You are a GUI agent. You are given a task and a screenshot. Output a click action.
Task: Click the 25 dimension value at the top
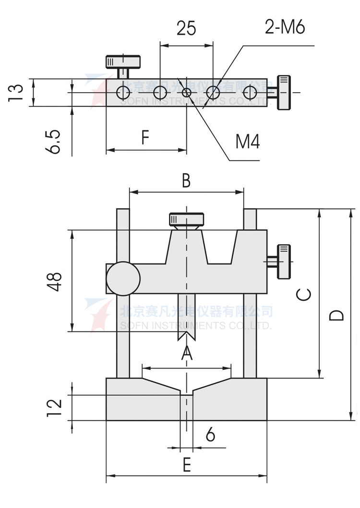(x=186, y=28)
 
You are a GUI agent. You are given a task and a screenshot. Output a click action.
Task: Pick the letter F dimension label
(x=145, y=138)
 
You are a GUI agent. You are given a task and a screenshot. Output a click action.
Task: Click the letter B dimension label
(x=186, y=181)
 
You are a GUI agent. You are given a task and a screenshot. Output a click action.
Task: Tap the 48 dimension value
(x=55, y=282)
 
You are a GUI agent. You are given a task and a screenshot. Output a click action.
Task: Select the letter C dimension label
(x=304, y=294)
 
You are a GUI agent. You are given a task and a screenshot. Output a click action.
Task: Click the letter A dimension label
(x=186, y=354)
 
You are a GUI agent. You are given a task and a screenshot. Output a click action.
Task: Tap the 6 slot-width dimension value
(x=210, y=435)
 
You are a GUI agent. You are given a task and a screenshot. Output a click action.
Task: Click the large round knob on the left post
(x=123, y=278)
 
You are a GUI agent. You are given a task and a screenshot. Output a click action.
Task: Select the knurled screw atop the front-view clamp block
(x=186, y=221)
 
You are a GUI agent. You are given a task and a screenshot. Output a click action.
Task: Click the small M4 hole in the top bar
(x=187, y=92)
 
